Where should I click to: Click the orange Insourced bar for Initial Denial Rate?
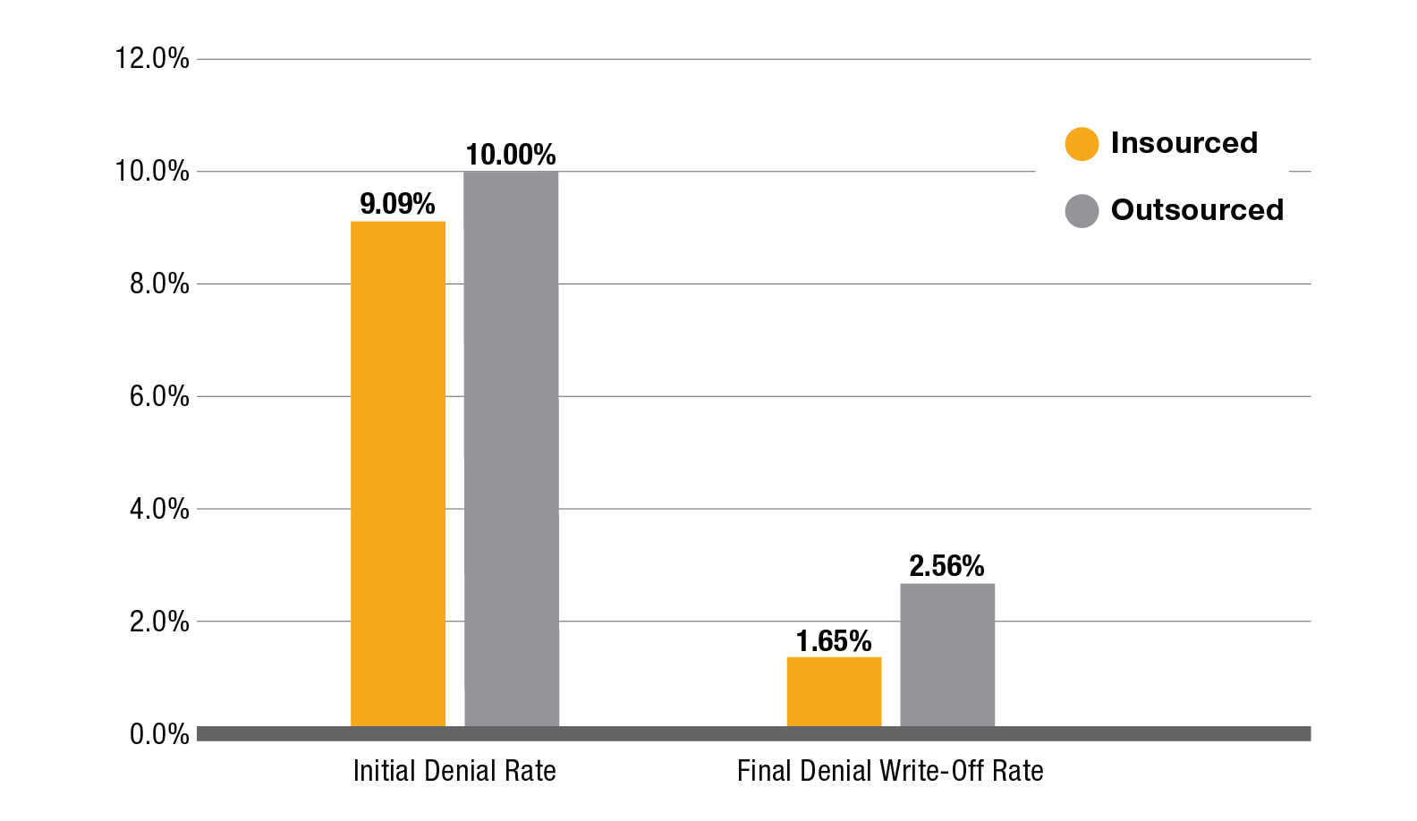point(397,474)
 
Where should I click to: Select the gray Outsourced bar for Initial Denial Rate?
point(511,447)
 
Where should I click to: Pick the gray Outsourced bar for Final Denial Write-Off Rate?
point(946,655)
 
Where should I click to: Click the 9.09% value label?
point(397,204)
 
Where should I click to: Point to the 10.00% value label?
point(511,155)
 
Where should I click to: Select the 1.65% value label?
point(834,641)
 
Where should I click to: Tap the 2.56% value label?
point(946,566)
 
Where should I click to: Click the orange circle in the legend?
point(1082,144)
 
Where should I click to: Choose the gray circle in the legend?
point(1082,211)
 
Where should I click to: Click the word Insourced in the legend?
point(1184,143)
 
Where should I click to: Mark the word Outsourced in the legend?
point(1197,210)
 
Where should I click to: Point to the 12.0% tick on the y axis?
point(152,59)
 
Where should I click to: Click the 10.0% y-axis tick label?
point(152,172)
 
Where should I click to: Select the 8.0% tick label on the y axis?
point(159,284)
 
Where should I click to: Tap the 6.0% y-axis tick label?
point(159,397)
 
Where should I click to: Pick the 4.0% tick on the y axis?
point(159,510)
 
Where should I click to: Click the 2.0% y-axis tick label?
point(159,622)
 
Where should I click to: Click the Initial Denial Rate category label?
point(454,771)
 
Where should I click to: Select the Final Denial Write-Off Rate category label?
point(890,771)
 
